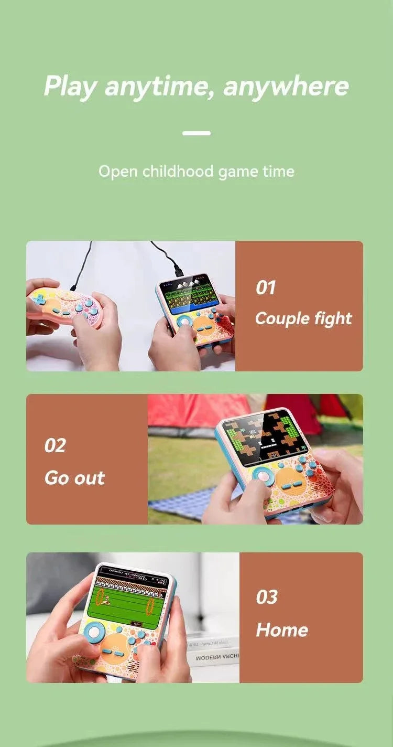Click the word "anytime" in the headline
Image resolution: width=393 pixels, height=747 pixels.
[x=160, y=87]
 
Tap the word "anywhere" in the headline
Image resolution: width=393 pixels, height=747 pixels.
[x=286, y=87]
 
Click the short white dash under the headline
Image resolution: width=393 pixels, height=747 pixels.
[x=196, y=133]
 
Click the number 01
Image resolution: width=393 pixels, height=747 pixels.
[x=266, y=287]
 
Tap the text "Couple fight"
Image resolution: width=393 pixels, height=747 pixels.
[x=303, y=318]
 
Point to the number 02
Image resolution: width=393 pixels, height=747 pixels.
[x=55, y=445]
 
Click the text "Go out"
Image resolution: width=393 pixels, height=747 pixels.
[x=74, y=478]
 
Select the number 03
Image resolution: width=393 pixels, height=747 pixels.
[x=267, y=597]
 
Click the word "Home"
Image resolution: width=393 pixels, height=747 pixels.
[x=282, y=630]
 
